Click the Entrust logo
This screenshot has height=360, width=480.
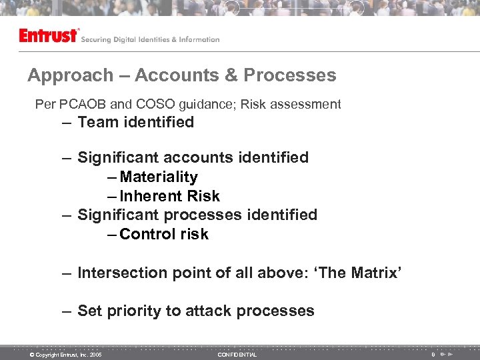click(x=49, y=36)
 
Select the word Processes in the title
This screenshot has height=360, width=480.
click(x=289, y=75)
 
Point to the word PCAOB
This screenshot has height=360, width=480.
click(x=83, y=105)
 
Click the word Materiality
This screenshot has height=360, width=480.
click(x=159, y=177)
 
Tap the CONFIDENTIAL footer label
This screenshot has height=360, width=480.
click(x=237, y=355)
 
